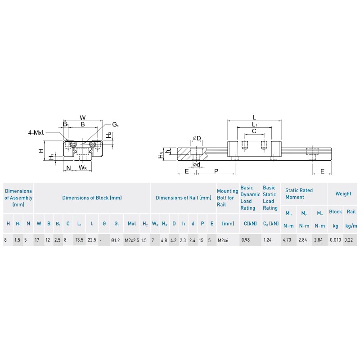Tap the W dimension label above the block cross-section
coord(82,117)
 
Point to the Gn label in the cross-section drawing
coord(116,124)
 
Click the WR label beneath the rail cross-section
coord(82,168)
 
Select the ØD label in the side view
coord(197,138)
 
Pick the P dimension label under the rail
coord(216,171)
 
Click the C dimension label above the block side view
coord(254,131)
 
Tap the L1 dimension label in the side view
coord(254,124)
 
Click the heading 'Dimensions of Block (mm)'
coord(92,198)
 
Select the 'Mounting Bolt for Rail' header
coord(228,198)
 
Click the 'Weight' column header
coord(343,194)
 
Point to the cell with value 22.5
coord(92,240)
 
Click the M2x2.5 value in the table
coord(131,240)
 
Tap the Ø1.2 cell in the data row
coord(116,240)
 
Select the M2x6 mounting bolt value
coord(223,240)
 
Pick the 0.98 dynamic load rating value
coord(245,240)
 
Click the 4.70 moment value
coord(287,240)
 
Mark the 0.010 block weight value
coord(335,240)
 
